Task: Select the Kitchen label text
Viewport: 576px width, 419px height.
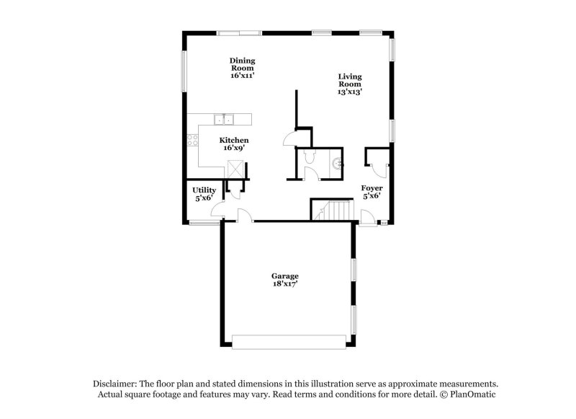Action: tap(234, 140)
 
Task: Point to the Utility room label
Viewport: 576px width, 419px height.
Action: tap(204, 190)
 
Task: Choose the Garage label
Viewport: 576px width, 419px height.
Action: tap(284, 276)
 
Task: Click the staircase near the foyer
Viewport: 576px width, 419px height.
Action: tap(333, 211)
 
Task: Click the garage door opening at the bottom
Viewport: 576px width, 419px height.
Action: tap(292, 341)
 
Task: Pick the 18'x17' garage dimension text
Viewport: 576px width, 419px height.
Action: tap(284, 284)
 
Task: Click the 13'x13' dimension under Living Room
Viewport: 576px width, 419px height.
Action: tap(350, 92)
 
